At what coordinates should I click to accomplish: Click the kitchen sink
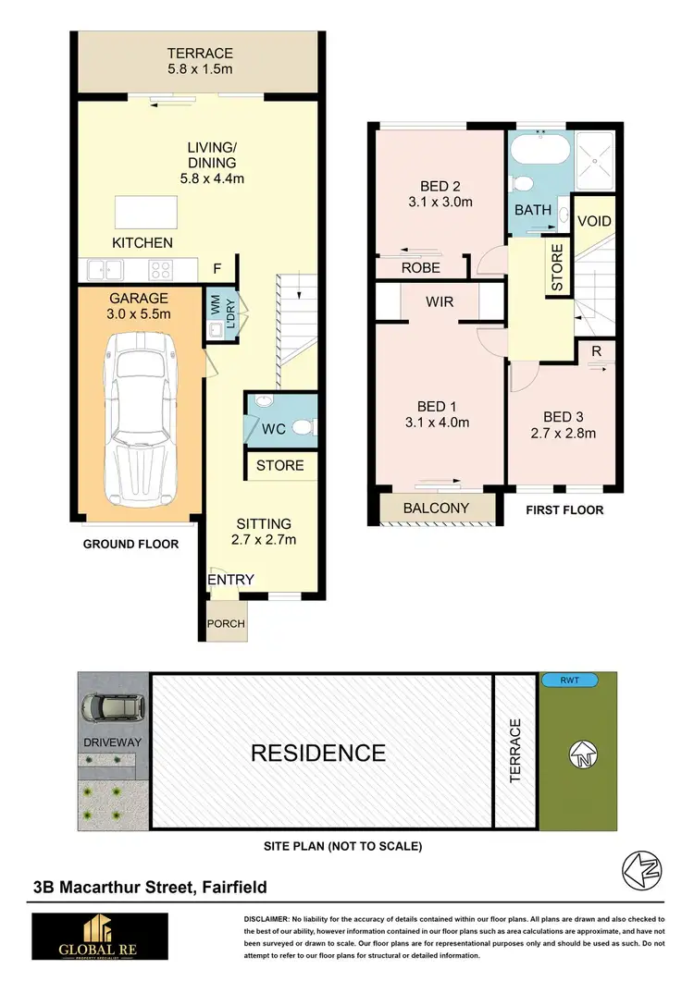click(103, 270)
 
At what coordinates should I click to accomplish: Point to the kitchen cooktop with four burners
click(159, 270)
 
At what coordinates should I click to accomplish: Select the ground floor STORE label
click(280, 465)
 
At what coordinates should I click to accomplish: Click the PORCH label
click(226, 624)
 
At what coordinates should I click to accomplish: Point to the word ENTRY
click(230, 579)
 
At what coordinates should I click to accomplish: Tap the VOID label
click(594, 222)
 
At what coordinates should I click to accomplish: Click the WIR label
click(439, 301)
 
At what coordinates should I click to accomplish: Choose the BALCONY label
click(436, 509)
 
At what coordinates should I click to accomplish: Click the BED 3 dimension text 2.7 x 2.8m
click(563, 433)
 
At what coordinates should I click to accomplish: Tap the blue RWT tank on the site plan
click(568, 680)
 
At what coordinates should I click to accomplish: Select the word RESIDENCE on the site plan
click(318, 753)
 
